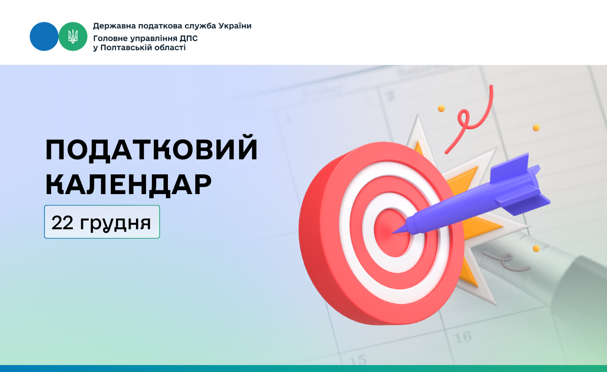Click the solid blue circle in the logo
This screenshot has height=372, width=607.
44,36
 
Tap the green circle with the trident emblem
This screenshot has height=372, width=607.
73,36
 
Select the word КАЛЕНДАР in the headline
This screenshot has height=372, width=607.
128,184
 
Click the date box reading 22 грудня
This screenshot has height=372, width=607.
102,222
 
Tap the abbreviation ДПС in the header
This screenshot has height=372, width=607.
189,38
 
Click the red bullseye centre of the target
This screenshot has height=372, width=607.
392,233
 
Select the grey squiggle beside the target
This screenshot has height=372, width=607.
506,261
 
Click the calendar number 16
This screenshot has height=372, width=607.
463,337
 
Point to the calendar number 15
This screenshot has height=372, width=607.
358,360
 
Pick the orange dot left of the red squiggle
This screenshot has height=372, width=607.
441,109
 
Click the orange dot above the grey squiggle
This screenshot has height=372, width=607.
536,249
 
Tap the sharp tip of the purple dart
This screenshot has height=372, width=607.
392,233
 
